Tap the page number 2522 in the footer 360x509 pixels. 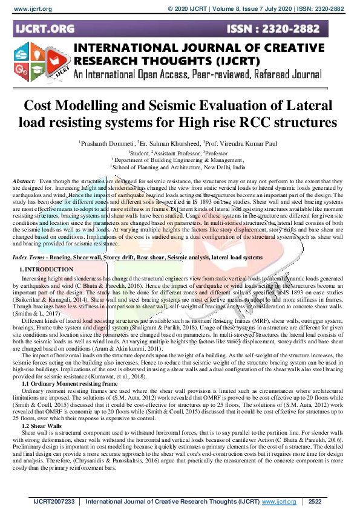coord(316,502)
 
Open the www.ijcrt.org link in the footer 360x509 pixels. coord(279,502)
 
